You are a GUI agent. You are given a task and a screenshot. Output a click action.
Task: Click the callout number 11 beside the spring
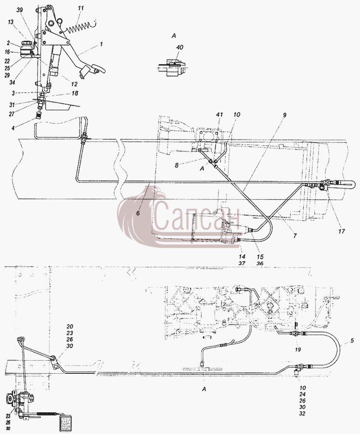(81, 9)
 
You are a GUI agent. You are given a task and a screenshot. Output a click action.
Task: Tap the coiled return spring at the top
(81, 27)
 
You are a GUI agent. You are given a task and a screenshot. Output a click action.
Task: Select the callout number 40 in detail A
(180, 48)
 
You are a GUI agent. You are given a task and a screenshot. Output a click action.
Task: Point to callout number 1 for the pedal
(101, 44)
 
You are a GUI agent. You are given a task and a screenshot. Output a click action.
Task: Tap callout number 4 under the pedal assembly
(13, 128)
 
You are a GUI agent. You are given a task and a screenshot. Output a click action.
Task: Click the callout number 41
(219, 115)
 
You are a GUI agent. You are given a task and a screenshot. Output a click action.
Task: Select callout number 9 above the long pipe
(285, 115)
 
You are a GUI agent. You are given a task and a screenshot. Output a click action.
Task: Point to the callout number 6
(138, 213)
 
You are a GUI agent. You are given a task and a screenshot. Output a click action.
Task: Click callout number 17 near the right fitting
(342, 231)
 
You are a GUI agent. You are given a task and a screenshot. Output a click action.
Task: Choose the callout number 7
(295, 236)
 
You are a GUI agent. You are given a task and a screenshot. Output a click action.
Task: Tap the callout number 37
(242, 263)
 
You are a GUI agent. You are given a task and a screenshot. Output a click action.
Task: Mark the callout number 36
(260, 263)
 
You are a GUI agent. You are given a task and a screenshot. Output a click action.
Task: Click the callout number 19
(298, 350)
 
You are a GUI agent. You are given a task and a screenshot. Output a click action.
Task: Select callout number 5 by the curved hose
(352, 341)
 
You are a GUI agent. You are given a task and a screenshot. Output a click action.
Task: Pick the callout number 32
(303, 414)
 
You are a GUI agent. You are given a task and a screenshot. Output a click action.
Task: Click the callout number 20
(69, 327)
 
